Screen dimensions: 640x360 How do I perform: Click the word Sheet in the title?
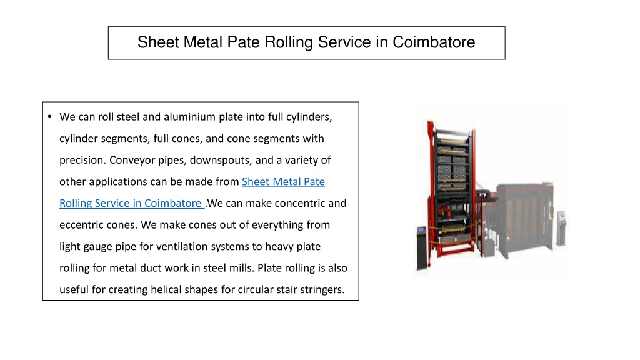158,42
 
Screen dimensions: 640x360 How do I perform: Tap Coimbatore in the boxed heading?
434,42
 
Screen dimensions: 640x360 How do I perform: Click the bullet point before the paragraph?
49,117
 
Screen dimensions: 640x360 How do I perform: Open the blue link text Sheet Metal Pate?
283,182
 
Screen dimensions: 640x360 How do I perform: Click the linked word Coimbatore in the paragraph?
172,203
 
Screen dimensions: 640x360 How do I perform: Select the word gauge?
98,247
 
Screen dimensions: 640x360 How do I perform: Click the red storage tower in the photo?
452,190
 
